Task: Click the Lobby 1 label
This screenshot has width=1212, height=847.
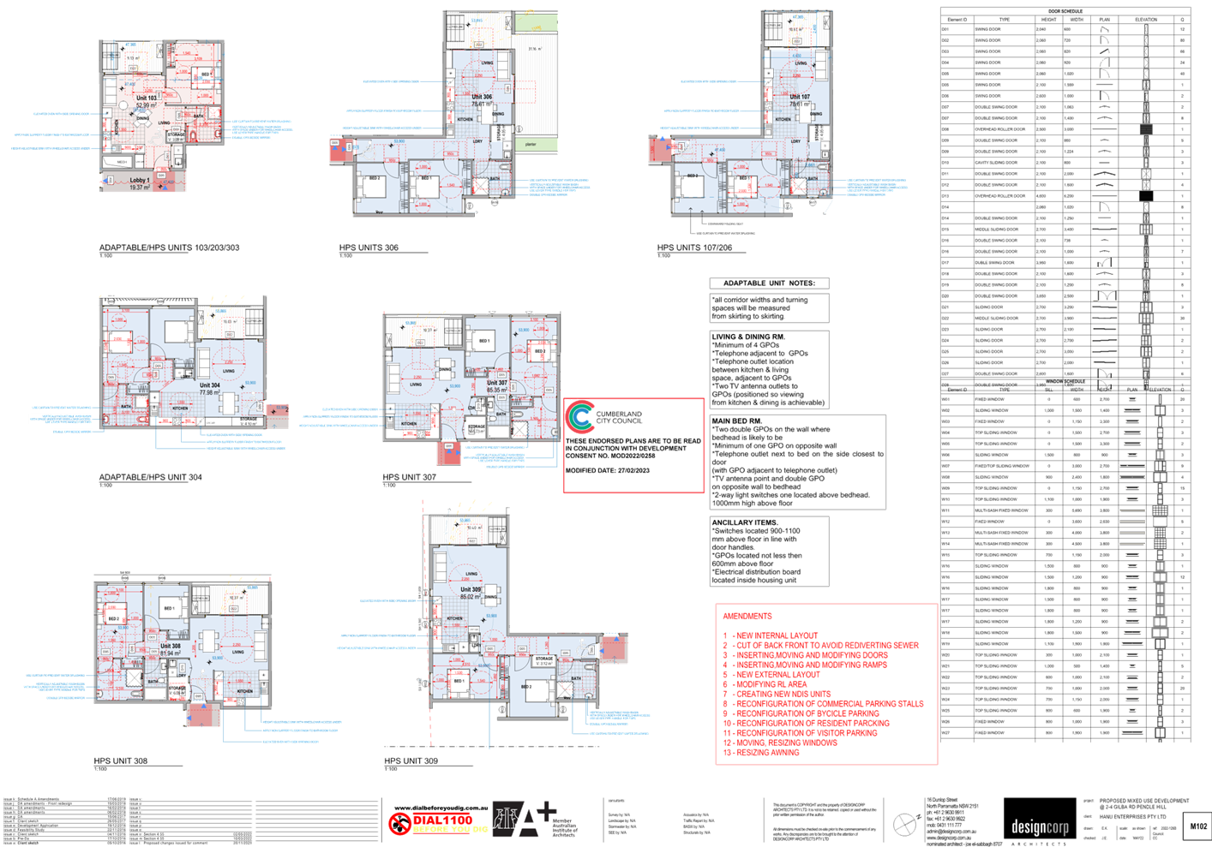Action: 139,181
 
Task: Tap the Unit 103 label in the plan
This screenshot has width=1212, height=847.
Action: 147,98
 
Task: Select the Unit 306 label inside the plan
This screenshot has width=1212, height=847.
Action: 482,97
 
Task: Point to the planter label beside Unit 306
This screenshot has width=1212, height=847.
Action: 531,145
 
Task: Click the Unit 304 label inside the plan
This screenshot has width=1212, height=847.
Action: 210,385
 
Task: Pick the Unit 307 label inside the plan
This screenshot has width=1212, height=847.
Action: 497,383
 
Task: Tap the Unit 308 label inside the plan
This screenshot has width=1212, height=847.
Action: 171,647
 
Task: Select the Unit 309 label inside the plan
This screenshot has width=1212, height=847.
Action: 471,589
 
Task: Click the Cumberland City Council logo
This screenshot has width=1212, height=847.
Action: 579,417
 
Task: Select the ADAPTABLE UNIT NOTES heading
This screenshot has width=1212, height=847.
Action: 769,283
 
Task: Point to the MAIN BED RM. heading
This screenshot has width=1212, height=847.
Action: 736,421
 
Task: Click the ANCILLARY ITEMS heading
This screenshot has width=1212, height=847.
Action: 744,522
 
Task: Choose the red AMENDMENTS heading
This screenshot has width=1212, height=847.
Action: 747,617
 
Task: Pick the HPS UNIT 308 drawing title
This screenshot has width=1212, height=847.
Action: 121,761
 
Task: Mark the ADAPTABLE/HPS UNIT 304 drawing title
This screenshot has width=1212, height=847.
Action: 151,478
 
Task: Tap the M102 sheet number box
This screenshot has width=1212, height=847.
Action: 1197,826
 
